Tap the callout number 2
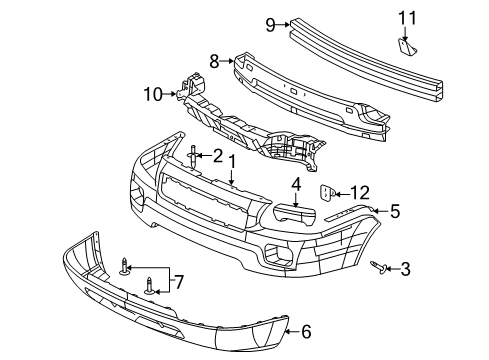(217, 155)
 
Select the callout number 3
(406, 268)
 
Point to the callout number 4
(295, 183)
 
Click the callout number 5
(394, 210)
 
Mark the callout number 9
(270, 23)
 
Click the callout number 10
(153, 96)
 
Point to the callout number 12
(361, 191)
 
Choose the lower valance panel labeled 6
(160, 310)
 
